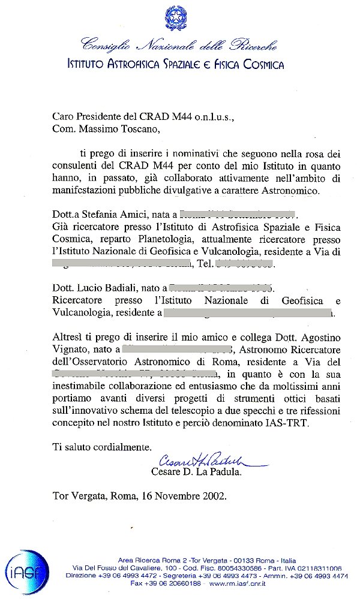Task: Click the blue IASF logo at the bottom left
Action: (26, 572)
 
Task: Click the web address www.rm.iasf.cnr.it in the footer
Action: (231, 583)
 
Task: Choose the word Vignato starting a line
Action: (70, 350)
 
